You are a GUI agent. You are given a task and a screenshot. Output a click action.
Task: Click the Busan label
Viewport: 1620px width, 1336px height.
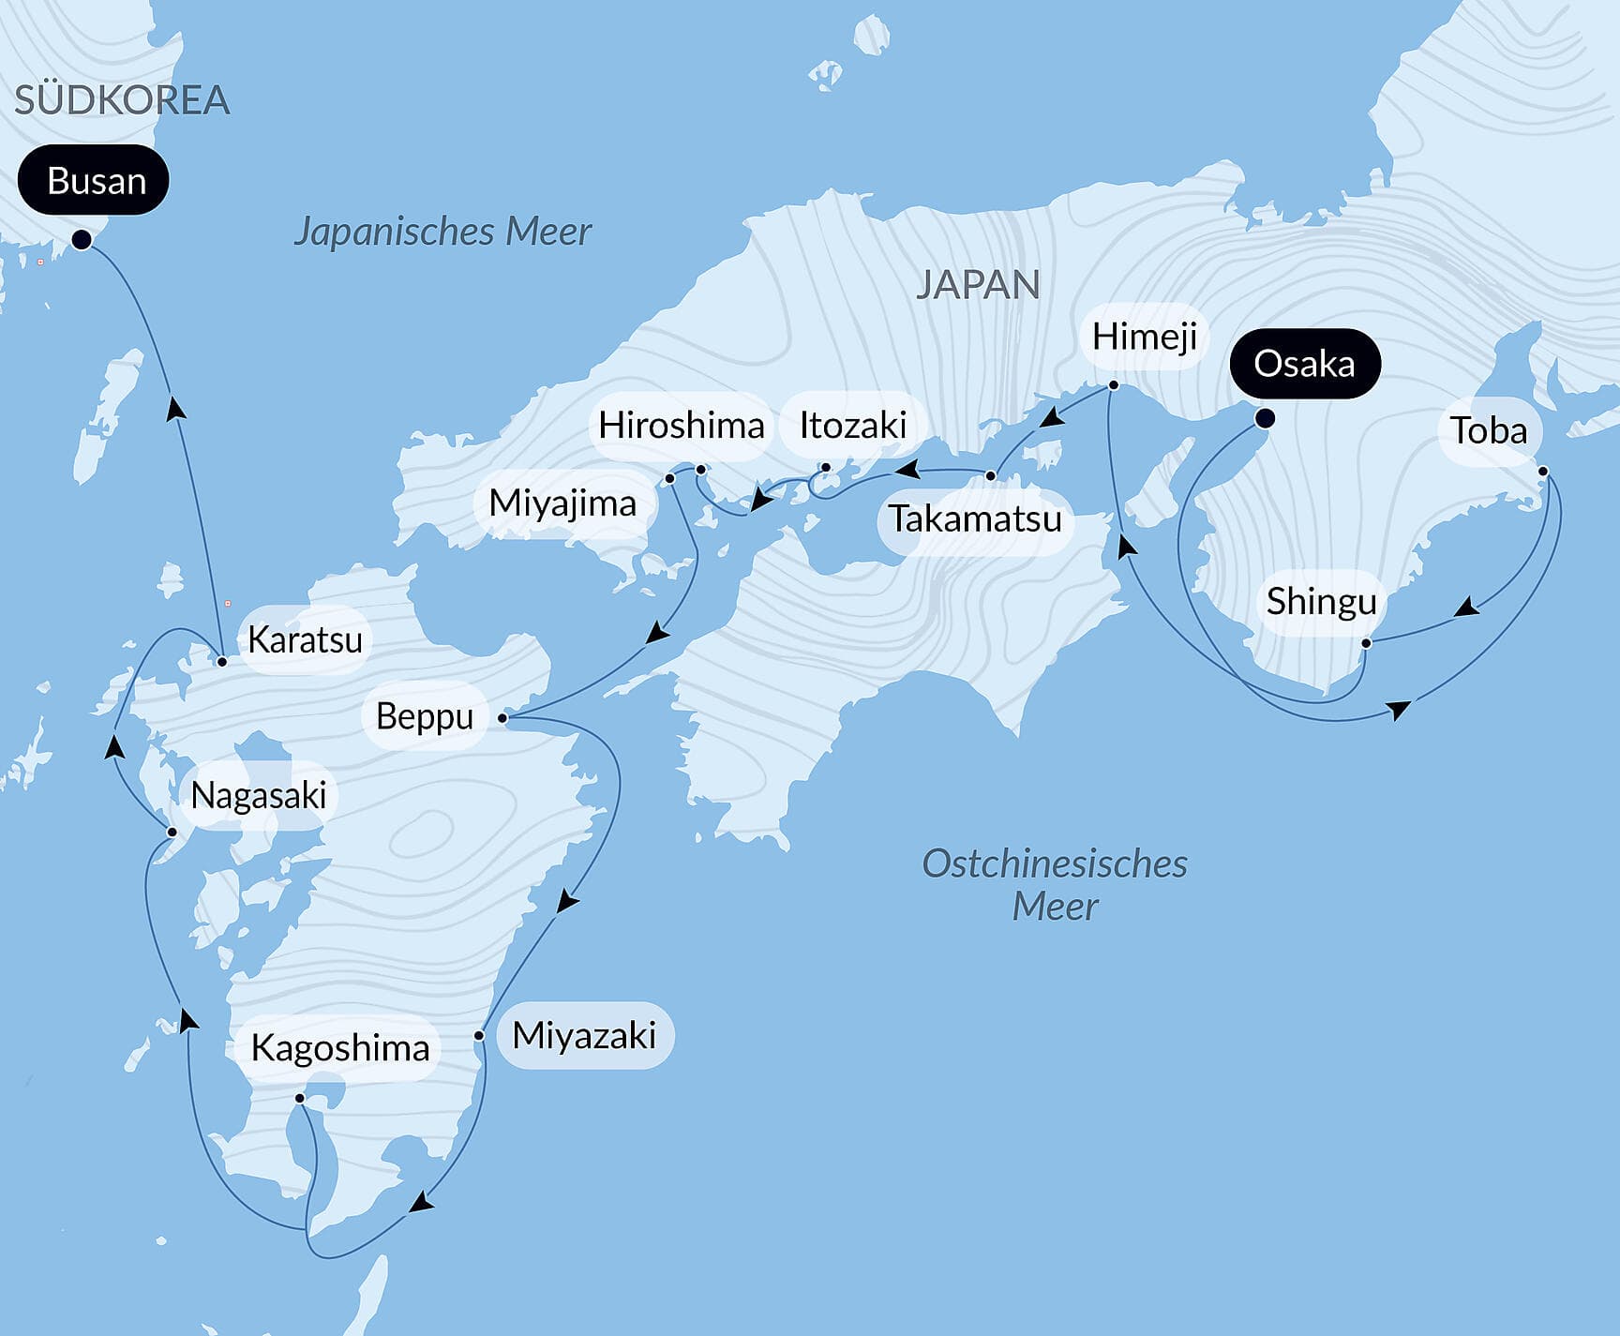pos(94,180)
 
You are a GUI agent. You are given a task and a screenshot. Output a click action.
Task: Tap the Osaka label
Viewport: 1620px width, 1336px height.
pos(1304,364)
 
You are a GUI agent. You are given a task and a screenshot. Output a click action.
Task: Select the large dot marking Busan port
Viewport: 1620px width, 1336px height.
pos(82,239)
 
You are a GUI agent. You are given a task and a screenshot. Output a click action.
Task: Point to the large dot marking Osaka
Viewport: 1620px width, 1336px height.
pos(1264,418)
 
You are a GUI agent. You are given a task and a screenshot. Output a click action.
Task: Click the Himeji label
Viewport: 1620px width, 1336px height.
pos(1144,337)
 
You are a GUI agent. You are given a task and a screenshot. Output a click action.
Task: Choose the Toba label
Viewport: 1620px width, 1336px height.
pos(1489,431)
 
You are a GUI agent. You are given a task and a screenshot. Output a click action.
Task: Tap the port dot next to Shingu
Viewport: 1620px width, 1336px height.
pos(1366,643)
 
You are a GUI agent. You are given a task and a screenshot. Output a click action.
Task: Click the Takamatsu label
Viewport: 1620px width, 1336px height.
pos(975,518)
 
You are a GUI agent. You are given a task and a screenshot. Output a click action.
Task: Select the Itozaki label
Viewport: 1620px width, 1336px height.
pos(852,426)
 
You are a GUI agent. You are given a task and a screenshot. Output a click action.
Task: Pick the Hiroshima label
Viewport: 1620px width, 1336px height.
pos(682,426)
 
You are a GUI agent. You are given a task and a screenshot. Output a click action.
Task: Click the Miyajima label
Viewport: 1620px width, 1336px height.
pos(562,503)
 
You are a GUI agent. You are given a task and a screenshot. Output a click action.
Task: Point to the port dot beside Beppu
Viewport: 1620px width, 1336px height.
pos(502,718)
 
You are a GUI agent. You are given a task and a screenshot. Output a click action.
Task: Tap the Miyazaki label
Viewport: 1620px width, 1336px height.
pos(584,1036)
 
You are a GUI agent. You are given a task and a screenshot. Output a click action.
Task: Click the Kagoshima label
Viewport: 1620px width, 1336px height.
pos(339,1048)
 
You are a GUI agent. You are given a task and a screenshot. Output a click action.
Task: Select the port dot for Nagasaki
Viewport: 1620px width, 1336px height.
pos(172,832)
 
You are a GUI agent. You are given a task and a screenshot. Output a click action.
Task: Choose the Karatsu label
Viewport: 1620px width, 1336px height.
pos(305,640)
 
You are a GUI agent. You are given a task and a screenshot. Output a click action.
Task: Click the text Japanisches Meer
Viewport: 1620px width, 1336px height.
pos(442,232)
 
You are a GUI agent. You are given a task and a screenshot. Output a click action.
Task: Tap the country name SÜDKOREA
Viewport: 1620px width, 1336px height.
pos(122,100)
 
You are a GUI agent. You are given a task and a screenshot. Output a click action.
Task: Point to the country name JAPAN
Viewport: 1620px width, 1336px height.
pos(977,285)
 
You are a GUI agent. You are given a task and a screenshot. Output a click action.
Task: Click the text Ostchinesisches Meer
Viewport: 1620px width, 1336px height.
pos(1055,884)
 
